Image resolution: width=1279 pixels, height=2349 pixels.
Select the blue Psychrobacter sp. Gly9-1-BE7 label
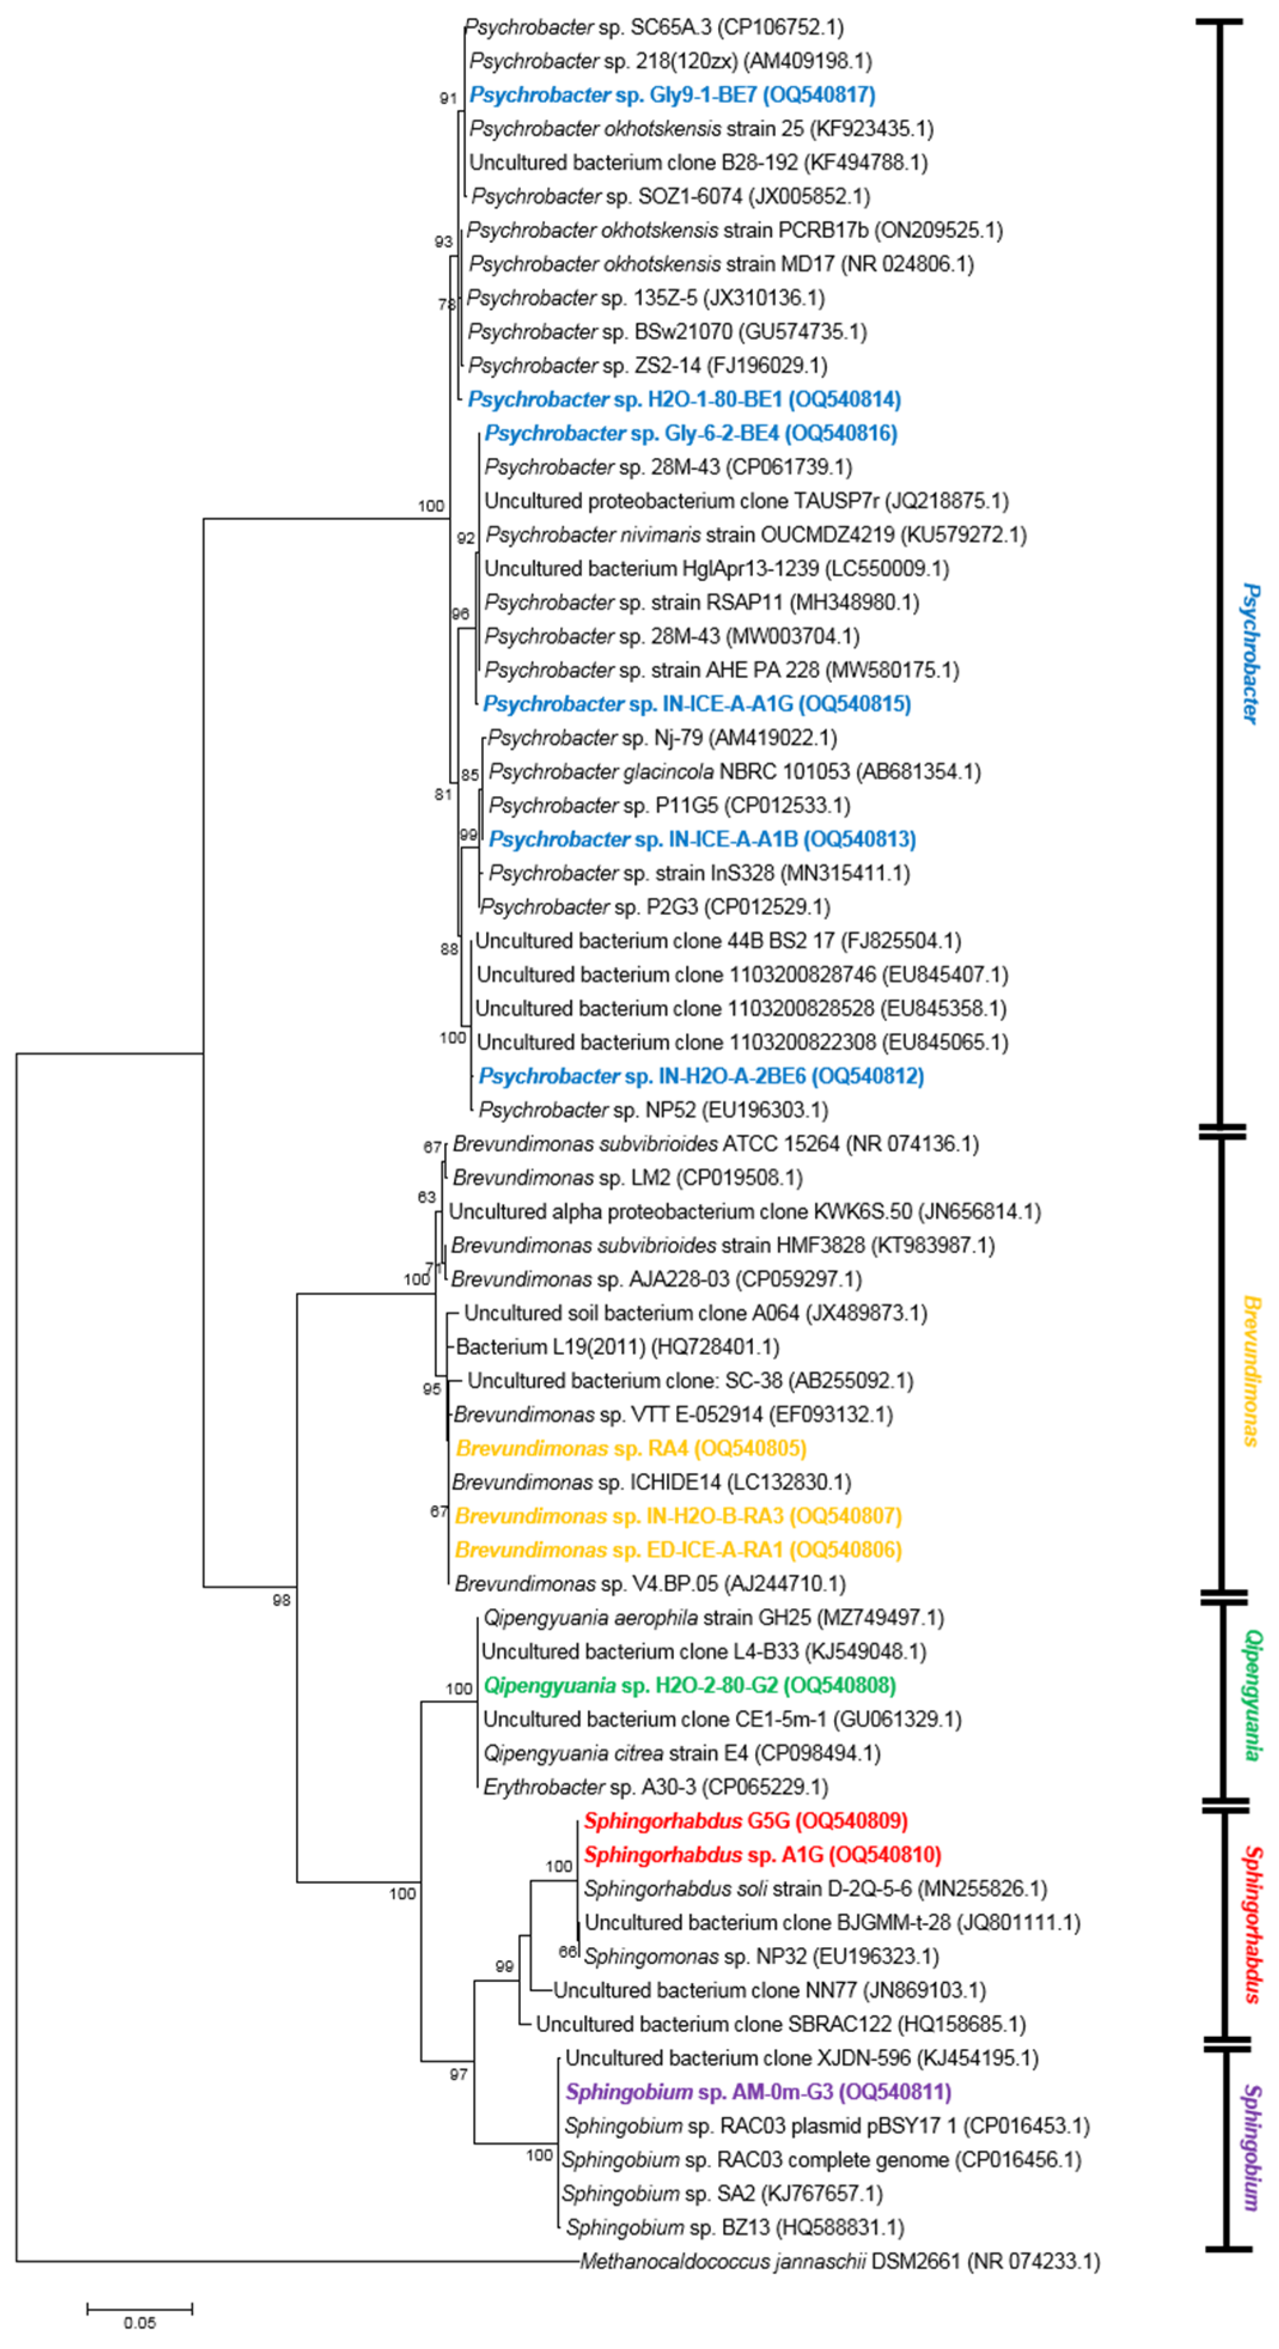[x=672, y=95]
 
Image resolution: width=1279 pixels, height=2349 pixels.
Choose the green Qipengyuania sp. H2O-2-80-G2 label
[x=689, y=1685]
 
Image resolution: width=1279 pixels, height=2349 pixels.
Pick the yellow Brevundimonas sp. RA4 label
[x=631, y=1448]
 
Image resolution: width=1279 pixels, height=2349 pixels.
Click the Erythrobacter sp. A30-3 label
[x=655, y=1786]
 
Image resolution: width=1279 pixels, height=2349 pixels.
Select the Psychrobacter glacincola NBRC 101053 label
[x=734, y=771]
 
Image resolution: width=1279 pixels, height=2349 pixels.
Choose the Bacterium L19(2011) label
[x=617, y=1347]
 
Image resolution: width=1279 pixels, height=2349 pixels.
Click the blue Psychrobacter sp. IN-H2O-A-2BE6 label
[x=701, y=1076]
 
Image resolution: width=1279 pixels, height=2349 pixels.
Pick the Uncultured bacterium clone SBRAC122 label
[x=780, y=2024]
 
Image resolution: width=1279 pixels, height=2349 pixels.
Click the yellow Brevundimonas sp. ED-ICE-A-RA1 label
[x=678, y=1550]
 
